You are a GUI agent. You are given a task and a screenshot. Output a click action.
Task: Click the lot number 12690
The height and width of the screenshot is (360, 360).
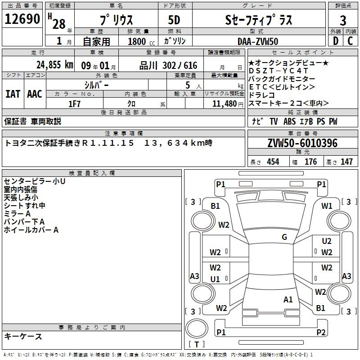[x=22, y=19]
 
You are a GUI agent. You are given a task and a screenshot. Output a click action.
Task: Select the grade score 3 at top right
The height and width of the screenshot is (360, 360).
[x=343, y=20]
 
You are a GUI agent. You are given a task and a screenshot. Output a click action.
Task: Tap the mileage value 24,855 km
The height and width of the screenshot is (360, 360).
[x=55, y=65]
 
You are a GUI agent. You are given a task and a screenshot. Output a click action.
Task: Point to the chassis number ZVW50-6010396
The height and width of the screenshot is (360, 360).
[x=302, y=143]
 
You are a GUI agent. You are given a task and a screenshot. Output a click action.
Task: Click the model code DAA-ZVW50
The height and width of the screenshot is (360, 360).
[x=258, y=41]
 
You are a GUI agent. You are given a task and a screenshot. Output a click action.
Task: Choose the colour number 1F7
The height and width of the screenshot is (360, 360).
[x=74, y=104]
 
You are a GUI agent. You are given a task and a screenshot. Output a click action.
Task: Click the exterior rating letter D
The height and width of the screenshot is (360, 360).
[x=335, y=41]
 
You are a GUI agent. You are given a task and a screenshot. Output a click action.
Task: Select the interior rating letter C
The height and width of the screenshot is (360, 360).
[x=350, y=41]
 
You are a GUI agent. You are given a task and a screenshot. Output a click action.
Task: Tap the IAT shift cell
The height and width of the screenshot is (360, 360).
[x=13, y=94]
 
